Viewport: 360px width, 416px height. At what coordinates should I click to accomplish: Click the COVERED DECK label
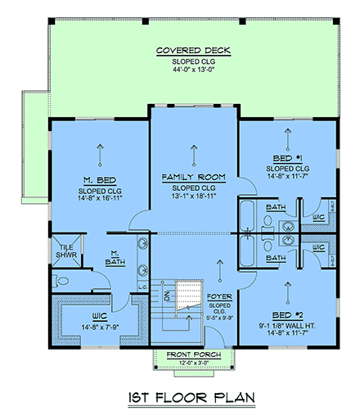tap(193, 52)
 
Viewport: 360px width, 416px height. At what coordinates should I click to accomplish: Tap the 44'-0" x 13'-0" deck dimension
tap(193, 71)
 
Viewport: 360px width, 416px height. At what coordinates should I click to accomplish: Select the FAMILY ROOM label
tap(193, 177)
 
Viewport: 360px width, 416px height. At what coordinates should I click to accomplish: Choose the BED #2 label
tap(286, 314)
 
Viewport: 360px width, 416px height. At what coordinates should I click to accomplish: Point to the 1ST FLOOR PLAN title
tap(182, 398)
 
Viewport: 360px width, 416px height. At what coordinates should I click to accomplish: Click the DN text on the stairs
tap(166, 292)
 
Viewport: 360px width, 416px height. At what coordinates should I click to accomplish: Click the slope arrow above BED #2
tap(286, 287)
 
